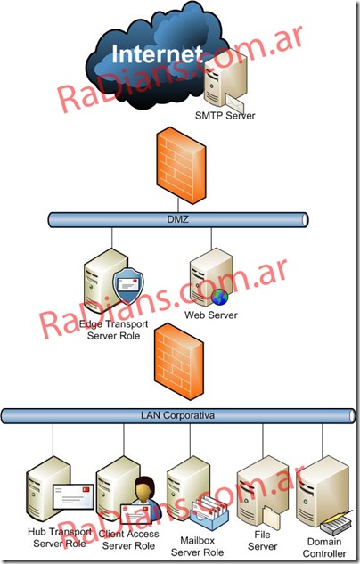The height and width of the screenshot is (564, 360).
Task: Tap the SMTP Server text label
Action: [x=224, y=114]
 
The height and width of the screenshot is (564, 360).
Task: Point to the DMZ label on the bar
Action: [x=176, y=219]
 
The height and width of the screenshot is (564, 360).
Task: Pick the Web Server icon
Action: [x=211, y=279]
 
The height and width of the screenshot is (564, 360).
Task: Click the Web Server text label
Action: [x=210, y=315]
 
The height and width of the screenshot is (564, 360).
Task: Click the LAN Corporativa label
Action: [x=177, y=414]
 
